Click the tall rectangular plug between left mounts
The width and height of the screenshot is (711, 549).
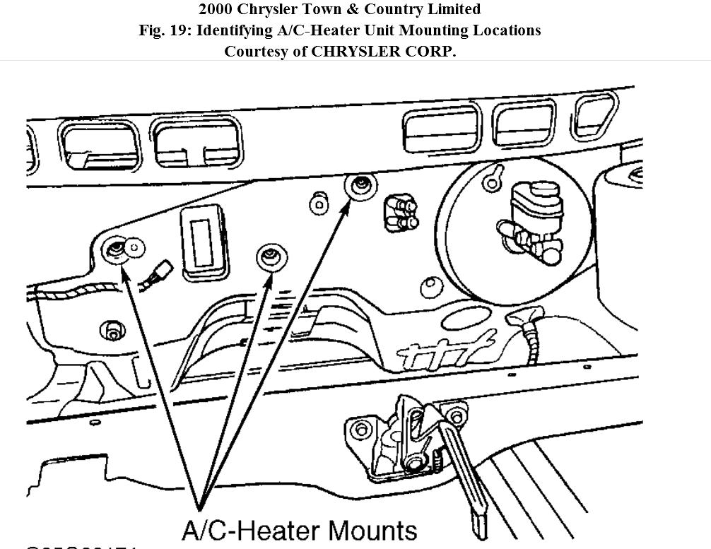pyautogui.click(x=204, y=242)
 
